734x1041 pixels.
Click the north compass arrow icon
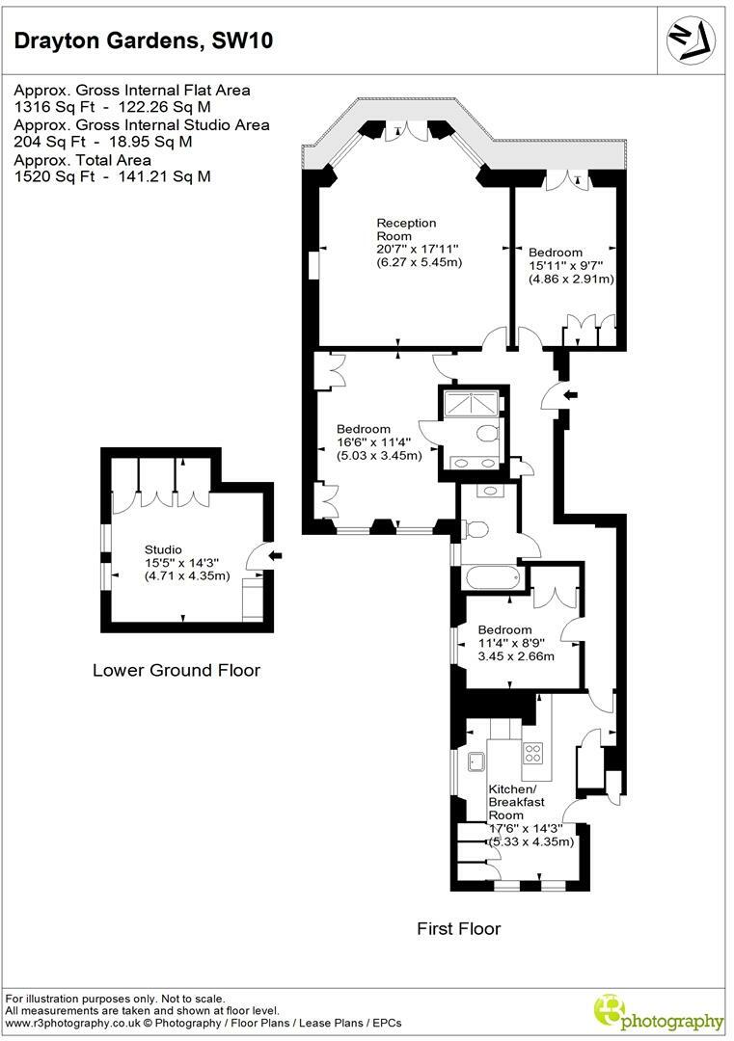693,38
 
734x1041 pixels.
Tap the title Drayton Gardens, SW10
143,40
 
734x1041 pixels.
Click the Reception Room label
406,229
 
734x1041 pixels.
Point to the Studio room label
163,549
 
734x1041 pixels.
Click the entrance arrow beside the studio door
276,555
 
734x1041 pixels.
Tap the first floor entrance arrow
570,393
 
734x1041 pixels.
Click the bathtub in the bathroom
492,578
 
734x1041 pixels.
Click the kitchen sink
475,762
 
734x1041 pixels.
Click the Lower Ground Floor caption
176,670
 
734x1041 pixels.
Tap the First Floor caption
458,929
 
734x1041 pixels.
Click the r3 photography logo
658,1013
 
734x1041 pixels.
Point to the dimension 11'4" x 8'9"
516,643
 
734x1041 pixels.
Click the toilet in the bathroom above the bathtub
476,527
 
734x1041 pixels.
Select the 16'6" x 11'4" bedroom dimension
378,442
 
